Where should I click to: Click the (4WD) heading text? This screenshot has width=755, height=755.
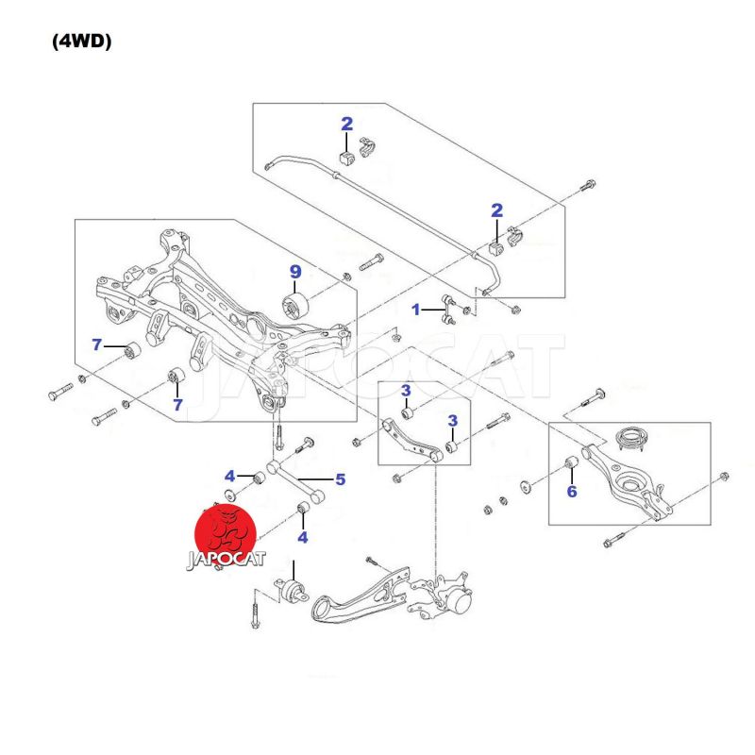pos(82,42)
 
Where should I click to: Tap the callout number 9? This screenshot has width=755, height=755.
pos(295,272)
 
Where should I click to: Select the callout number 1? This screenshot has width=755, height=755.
pos(415,309)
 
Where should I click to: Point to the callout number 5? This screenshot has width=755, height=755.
pos(340,479)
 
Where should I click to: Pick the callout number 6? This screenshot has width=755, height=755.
pos(571,491)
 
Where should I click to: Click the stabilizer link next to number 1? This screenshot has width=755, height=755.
pos(448,308)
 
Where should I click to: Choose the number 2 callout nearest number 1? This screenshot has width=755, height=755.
pos(496,210)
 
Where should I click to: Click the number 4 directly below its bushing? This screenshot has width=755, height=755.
pos(303,537)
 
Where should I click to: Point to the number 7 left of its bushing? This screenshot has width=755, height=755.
pos(97,344)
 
